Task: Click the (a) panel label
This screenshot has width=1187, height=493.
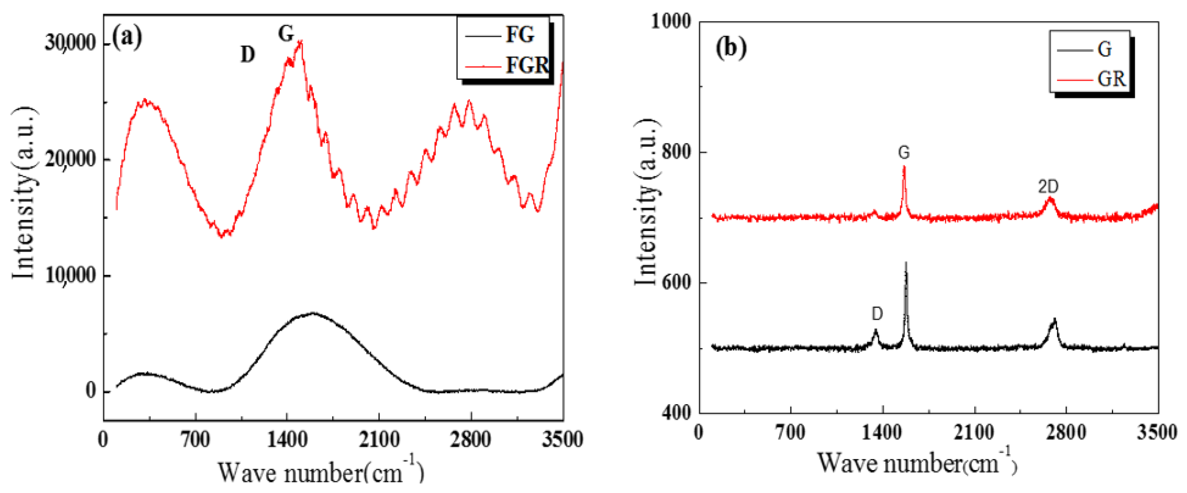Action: (x=127, y=37)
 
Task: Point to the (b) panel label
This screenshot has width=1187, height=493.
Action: (x=731, y=48)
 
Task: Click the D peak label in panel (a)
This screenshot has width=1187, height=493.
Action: (x=248, y=55)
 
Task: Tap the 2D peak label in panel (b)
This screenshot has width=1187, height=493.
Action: (x=1048, y=187)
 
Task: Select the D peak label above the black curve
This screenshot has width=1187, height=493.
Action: (x=877, y=314)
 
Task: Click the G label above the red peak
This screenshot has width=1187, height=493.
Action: (x=904, y=152)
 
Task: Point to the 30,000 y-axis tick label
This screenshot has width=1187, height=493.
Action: (x=70, y=43)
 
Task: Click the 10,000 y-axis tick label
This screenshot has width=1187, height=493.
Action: (x=70, y=275)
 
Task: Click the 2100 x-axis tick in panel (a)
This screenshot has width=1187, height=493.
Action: (x=379, y=440)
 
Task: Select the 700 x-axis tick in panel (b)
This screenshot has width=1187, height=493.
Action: (x=791, y=433)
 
